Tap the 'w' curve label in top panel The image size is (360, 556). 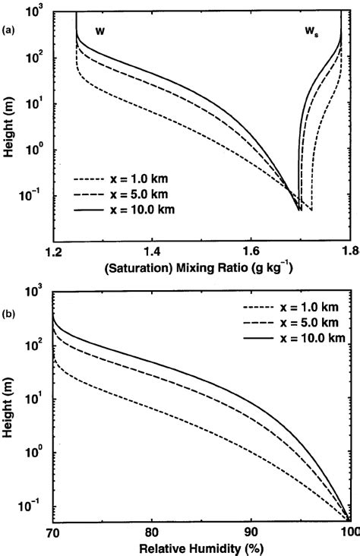99,30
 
